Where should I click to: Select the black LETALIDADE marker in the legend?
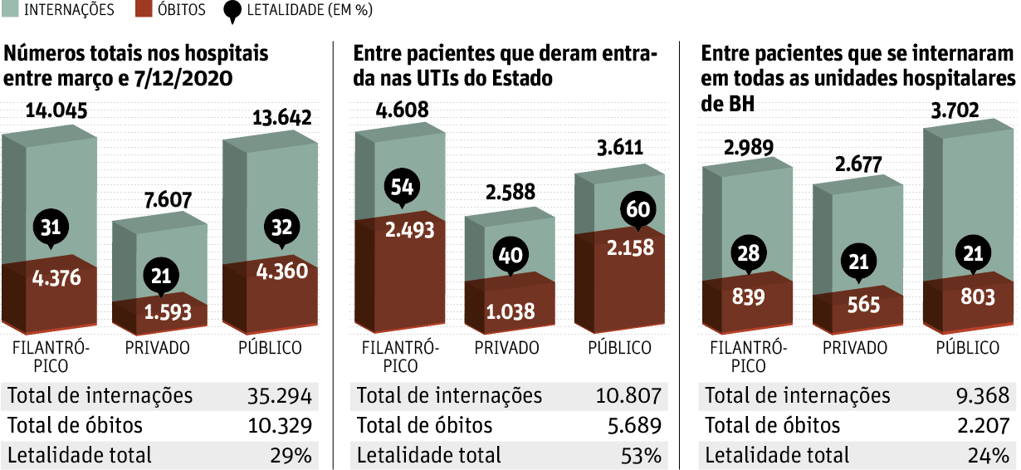tap(234, 11)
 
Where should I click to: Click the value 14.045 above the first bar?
tap(56, 110)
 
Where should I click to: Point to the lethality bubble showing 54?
tap(402, 187)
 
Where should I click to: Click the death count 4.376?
tap(56, 277)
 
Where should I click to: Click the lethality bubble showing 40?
tap(510, 255)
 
